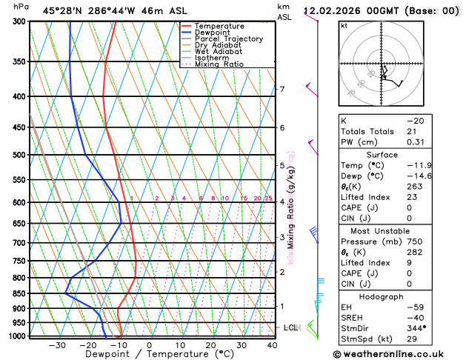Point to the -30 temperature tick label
[x=57, y=345]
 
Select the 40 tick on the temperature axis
[x=272, y=345]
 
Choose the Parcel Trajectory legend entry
[x=229, y=39]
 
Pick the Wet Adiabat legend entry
[x=219, y=52]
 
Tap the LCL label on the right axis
[x=290, y=327]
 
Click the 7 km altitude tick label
[x=282, y=90]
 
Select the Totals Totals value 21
[x=412, y=131]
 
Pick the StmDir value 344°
[x=417, y=327]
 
